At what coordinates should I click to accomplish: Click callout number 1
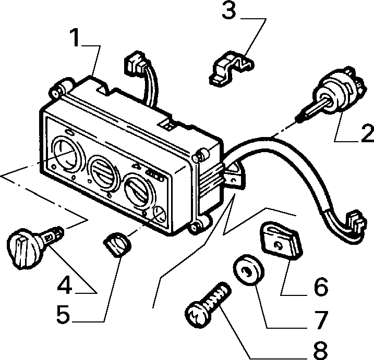click(76, 37)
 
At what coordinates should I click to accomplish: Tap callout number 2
click(368, 134)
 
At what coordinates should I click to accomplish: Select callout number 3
click(229, 10)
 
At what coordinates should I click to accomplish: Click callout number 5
click(64, 314)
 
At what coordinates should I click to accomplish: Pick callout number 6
click(321, 287)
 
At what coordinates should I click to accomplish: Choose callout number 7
click(321, 320)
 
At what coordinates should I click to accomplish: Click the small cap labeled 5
click(117, 244)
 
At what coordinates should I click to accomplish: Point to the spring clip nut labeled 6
click(282, 241)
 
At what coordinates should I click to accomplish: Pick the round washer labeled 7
click(248, 270)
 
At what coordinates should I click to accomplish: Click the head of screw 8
click(198, 315)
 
